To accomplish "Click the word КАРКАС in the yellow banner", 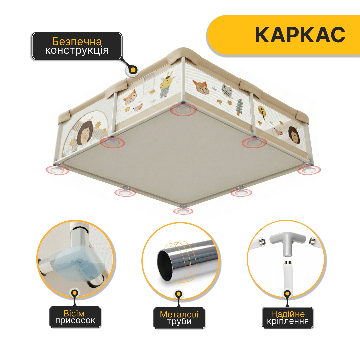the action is [300, 35].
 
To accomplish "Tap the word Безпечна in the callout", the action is [77, 42].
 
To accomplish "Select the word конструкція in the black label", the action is [77, 50].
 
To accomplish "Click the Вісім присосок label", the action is [75, 317].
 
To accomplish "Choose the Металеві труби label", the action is [179, 318].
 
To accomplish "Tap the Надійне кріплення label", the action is [288, 318].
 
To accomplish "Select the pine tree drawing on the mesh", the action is [239, 107].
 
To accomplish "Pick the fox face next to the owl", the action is [201, 87].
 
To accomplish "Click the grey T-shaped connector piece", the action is [288, 244].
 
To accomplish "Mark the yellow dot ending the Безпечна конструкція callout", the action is [133, 70].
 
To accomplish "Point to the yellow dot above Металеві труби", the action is [179, 294].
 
